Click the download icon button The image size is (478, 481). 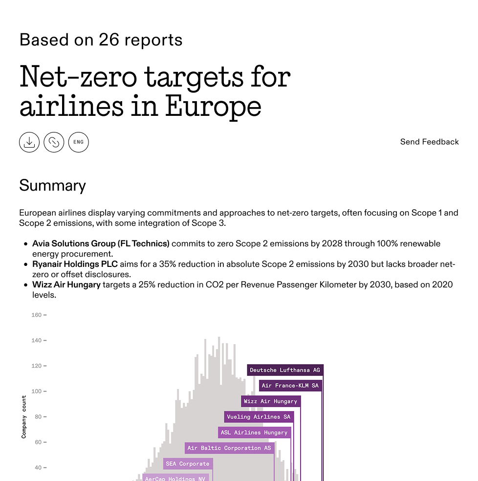29,142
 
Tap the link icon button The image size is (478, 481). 54,142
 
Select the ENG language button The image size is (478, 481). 78,142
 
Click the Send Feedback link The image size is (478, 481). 429,142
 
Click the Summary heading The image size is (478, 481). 52,186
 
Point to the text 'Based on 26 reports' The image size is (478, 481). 101,40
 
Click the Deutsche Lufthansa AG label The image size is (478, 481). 285,370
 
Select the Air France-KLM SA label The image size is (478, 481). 290,386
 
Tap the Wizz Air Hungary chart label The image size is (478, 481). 270,401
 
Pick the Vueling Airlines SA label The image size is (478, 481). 259,417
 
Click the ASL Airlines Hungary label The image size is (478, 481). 254,433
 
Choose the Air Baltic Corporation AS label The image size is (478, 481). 229,448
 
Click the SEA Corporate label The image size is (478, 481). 188,464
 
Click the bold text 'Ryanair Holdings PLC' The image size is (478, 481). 75,264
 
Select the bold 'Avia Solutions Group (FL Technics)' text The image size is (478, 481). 101,243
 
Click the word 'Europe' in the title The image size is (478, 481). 213,106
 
